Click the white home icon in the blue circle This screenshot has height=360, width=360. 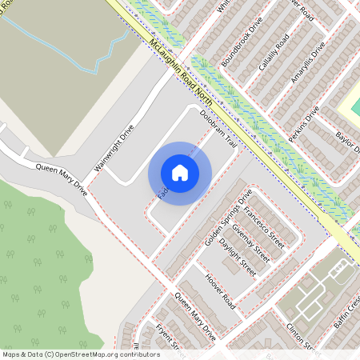pyautogui.click(x=180, y=172)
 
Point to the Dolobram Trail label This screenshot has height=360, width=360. pyautogui.click(x=219, y=128)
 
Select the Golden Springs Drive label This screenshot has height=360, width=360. pyautogui.click(x=229, y=218)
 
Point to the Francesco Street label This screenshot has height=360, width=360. pyautogui.click(x=265, y=227)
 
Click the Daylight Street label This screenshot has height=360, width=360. pyautogui.click(x=236, y=258)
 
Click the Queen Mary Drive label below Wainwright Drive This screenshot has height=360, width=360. pyautogui.click(x=61, y=180)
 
